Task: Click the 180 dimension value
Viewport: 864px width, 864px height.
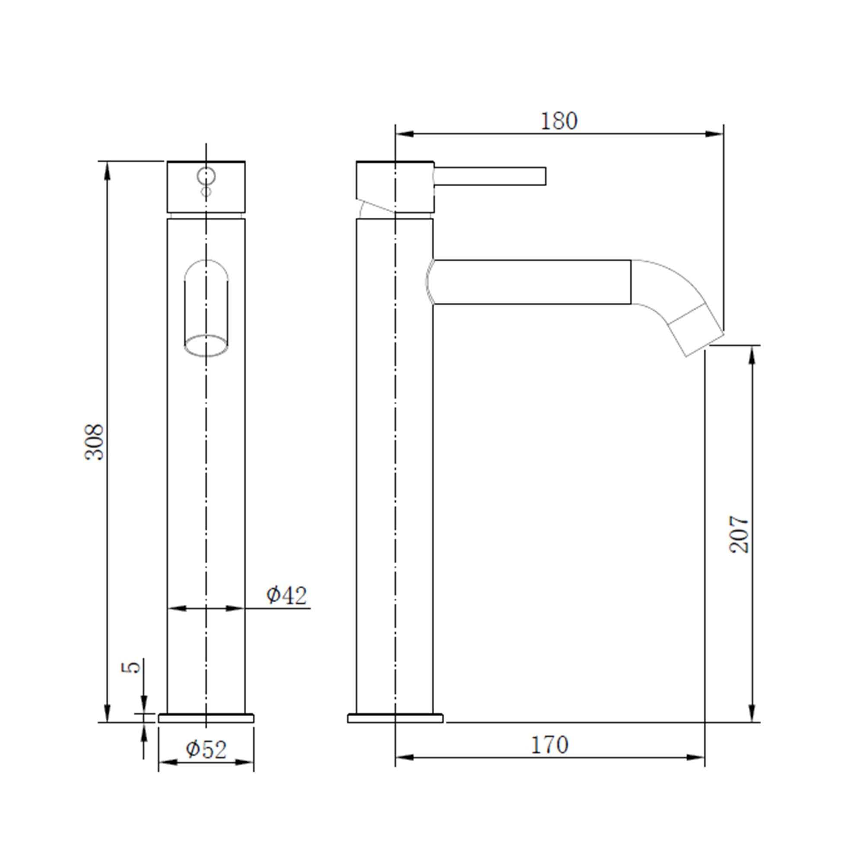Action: pyautogui.click(x=559, y=121)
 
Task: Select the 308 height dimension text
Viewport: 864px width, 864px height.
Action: pyautogui.click(x=94, y=442)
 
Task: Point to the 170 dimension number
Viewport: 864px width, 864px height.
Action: pyautogui.click(x=550, y=745)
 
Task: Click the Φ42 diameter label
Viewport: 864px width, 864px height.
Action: pyautogui.click(x=287, y=595)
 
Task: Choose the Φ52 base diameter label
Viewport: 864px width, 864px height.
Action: pyautogui.click(x=206, y=750)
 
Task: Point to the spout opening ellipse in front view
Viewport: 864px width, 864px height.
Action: pyautogui.click(x=206, y=345)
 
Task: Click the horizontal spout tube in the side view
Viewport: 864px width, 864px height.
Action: pyautogui.click(x=532, y=282)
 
